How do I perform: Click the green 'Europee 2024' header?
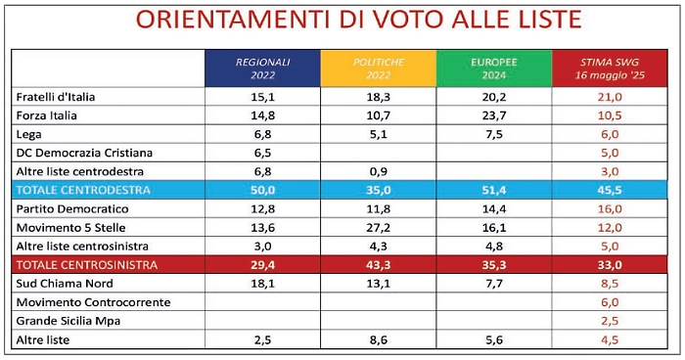click(494, 67)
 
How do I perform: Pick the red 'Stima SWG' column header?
click(612, 67)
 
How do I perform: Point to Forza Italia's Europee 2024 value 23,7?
click(494, 115)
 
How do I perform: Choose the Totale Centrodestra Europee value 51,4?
click(494, 191)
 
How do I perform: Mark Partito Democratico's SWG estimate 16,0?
click(612, 209)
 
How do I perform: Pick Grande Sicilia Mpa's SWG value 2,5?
click(612, 321)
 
